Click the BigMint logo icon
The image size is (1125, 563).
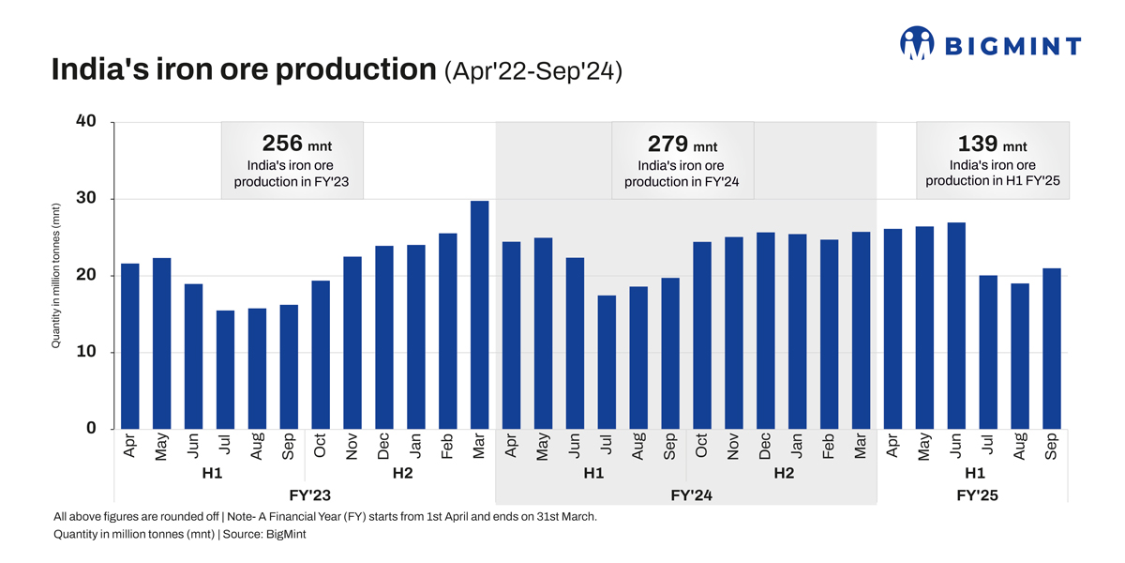[917, 43]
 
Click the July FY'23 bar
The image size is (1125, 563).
[225, 370]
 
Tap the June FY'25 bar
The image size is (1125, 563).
[956, 326]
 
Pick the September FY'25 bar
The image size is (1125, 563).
[1051, 348]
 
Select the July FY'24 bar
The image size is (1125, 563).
[607, 362]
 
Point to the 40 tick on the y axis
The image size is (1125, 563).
[87, 122]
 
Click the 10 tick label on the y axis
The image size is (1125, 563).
[87, 352]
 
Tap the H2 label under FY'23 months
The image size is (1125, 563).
[402, 473]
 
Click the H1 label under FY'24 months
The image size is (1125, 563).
[593, 473]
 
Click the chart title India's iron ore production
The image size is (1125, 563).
[243, 70]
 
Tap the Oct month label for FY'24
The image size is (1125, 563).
[701, 445]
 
